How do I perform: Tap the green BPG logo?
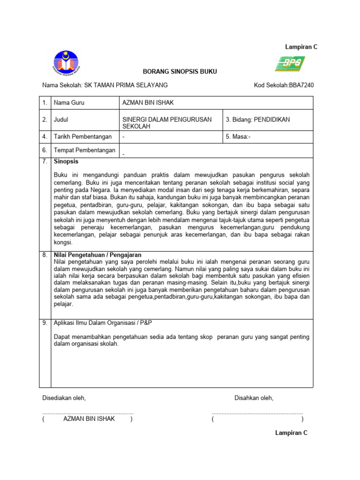[290, 63]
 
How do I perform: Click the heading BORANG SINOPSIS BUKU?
[173, 72]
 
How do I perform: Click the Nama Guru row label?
[69, 103]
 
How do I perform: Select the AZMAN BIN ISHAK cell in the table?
[148, 103]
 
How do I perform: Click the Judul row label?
[61, 120]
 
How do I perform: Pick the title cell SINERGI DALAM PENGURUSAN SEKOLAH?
[166, 123]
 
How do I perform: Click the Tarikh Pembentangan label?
[82, 137]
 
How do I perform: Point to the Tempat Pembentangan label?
[84, 150]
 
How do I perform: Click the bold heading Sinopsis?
[66, 161]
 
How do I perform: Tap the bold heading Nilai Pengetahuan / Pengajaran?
[97, 255]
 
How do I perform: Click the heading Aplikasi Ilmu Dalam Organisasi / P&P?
[103, 323]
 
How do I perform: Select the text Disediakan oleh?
[64, 398]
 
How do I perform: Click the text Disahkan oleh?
[254, 398]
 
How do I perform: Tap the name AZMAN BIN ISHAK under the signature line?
[89, 419]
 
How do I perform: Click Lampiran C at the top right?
[301, 47]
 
